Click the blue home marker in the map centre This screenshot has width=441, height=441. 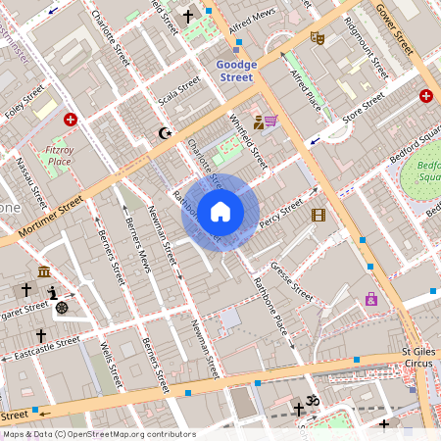220,212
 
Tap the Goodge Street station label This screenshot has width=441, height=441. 235,71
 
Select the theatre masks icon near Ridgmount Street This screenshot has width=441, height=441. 317,37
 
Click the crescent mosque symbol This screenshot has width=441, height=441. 164,132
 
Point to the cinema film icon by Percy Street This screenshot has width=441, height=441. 318,215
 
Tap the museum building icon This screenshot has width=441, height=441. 44,271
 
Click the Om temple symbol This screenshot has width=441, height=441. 316,402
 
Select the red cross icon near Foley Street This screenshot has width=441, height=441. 71,120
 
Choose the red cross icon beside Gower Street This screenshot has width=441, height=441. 426,95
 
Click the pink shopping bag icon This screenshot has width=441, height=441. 371,299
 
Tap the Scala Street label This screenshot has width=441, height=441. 180,95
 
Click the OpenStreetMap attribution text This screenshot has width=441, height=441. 98,434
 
